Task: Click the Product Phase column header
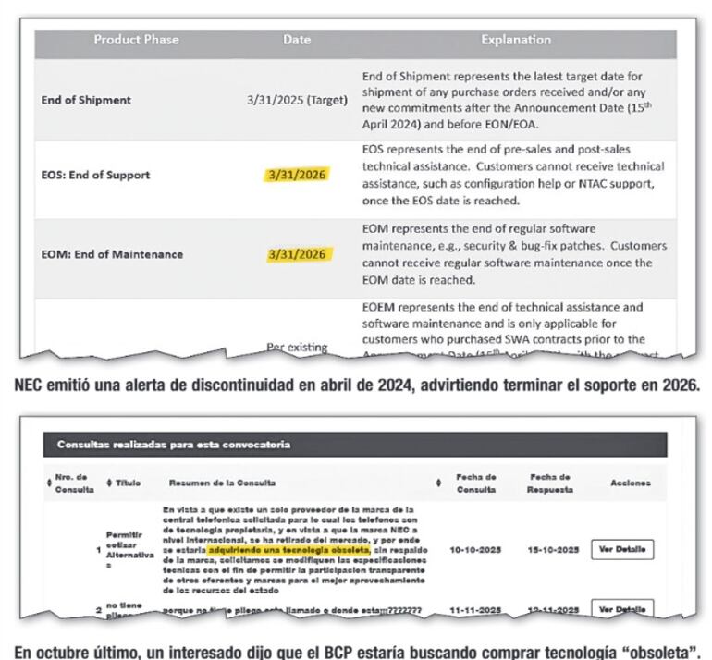coord(136,40)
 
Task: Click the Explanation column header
coord(515,40)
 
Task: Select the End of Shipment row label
coord(86,100)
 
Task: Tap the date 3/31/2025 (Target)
coord(297,100)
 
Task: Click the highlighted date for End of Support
coord(297,175)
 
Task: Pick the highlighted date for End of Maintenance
coord(297,254)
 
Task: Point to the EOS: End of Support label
coord(95,175)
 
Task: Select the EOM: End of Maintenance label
coord(112,254)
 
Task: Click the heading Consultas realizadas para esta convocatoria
coord(174,445)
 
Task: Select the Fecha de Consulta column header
coord(476,483)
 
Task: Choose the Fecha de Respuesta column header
coord(550,483)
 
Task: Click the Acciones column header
coord(631,483)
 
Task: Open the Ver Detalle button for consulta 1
coord(622,549)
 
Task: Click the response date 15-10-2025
coord(552,549)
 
